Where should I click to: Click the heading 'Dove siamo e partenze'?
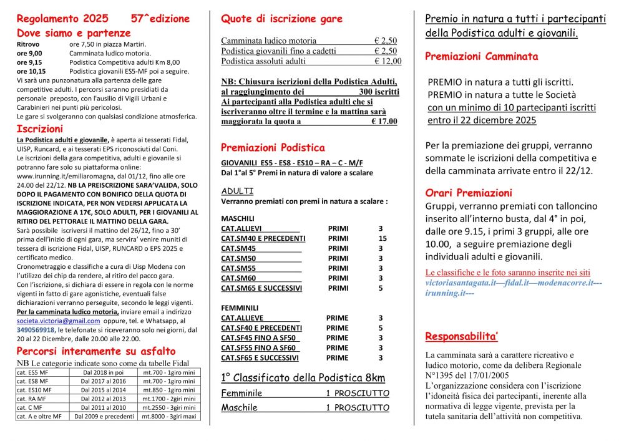tap(74, 33)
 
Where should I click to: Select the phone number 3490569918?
tap(36, 329)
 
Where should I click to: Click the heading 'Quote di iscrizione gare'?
tap(281, 19)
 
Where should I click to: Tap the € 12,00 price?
tap(388, 61)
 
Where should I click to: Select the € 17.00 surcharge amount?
tap(384, 122)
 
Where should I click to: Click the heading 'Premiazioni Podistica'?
tap(273, 148)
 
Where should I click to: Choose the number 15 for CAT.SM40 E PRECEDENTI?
tap(383, 238)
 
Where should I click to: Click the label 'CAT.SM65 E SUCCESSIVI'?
tap(261, 288)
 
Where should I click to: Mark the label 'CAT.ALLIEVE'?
tap(242, 317)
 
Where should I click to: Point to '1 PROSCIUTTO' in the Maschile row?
tap(357, 407)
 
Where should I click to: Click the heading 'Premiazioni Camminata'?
tap(481, 57)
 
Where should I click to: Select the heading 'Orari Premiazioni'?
tap(468, 193)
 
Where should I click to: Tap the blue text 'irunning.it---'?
tap(450, 293)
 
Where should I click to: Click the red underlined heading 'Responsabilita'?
tap(461, 337)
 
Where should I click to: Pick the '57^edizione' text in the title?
tap(160, 19)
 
